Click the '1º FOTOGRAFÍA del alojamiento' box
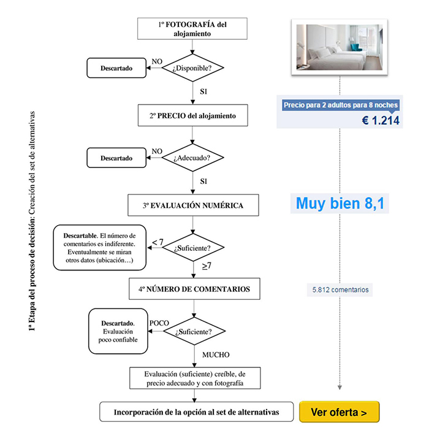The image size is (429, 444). (x=192, y=29)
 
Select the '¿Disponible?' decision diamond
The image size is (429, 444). (x=192, y=67)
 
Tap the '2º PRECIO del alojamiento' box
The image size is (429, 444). (x=192, y=115)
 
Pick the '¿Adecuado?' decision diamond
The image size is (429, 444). (x=192, y=158)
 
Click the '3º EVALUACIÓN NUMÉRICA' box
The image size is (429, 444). (x=193, y=205)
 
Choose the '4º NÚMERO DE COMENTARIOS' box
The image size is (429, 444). (x=194, y=289)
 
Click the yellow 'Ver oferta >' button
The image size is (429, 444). (x=340, y=411)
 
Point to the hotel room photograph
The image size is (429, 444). (x=340, y=47)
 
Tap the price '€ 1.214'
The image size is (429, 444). (x=381, y=120)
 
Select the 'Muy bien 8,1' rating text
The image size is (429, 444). (x=340, y=203)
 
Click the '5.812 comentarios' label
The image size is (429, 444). (x=340, y=289)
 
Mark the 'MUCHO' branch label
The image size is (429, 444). (x=216, y=355)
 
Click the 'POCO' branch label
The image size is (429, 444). (x=159, y=323)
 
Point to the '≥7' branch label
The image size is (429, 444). (x=207, y=266)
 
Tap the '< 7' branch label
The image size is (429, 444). (x=158, y=242)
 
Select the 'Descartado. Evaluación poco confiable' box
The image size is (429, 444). (x=118, y=331)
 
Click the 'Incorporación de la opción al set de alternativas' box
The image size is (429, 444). (x=196, y=411)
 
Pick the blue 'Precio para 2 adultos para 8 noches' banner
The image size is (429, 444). (x=341, y=105)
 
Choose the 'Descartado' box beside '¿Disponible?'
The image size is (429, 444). (x=116, y=68)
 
